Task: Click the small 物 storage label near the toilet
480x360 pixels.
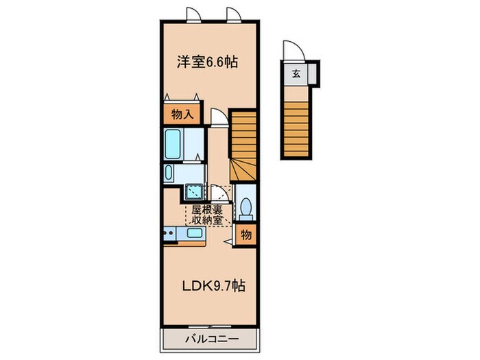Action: click(246, 235)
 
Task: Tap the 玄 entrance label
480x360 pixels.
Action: click(296, 74)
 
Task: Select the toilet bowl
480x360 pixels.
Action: click(245, 206)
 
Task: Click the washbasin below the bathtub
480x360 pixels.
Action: click(171, 173)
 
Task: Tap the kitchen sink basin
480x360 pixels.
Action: click(195, 234)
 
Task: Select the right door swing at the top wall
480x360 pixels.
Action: click(233, 14)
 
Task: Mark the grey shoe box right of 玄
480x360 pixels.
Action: click(311, 73)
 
